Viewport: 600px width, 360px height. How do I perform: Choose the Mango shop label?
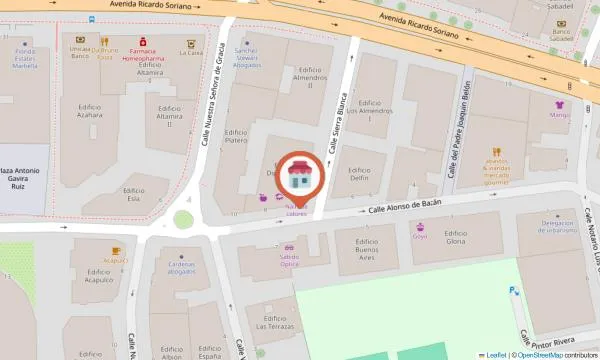pyautogui.click(x=558, y=114)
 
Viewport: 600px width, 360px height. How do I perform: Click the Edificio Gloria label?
pyautogui.click(x=456, y=238)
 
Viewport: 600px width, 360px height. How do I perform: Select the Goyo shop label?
pyautogui.click(x=420, y=236)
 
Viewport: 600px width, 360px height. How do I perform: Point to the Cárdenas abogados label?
pyautogui.click(x=181, y=267)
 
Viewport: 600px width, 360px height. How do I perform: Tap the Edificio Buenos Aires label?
pyautogui.click(x=368, y=253)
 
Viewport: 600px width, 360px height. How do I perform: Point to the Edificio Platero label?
pyautogui.click(x=236, y=136)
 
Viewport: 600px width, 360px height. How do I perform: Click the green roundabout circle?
pyautogui.click(x=183, y=219)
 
